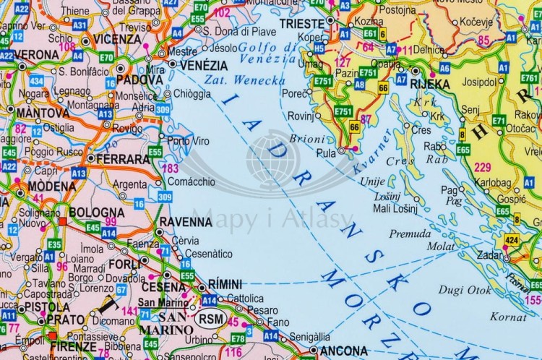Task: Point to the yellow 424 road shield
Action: point(512,239)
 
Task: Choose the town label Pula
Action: point(327,153)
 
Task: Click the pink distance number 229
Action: point(483,168)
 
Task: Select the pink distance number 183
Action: point(171,168)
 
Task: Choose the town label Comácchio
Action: point(192,184)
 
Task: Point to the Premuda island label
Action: point(410,233)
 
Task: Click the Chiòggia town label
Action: point(193,93)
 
